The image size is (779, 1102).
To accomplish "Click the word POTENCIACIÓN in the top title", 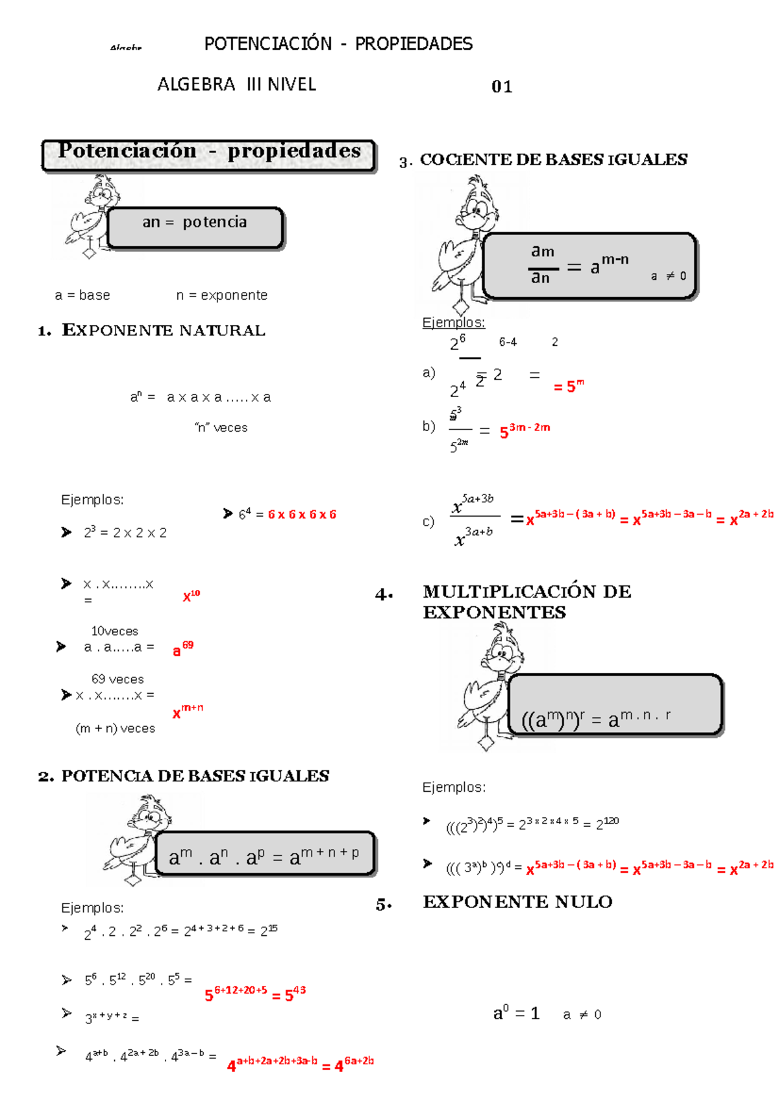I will click(267, 44).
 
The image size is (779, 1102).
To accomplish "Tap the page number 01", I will click(502, 87).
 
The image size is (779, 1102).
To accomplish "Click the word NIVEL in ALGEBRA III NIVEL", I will click(291, 85).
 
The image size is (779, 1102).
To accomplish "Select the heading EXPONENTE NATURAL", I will click(163, 330).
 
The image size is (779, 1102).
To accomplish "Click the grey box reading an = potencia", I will click(195, 227).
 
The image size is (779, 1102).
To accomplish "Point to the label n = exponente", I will click(221, 295).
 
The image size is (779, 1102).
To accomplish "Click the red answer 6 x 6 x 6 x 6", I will click(302, 515).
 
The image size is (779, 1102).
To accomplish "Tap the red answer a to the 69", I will click(182, 648).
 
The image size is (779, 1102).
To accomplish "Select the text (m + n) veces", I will click(116, 728).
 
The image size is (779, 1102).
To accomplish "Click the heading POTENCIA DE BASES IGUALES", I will click(195, 776).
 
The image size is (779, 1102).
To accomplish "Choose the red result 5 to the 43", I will click(295, 994).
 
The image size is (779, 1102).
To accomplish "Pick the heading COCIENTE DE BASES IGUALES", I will click(553, 160).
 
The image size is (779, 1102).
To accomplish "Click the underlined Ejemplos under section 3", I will click(453, 323).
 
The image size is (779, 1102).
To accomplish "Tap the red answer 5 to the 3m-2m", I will click(525, 430).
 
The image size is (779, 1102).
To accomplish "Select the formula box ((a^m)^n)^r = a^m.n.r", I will click(614, 705).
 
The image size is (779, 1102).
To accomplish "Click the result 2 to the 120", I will click(607, 824).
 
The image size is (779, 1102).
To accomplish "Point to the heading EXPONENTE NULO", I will click(517, 902).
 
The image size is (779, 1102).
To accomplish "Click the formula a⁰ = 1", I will click(516, 1013).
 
